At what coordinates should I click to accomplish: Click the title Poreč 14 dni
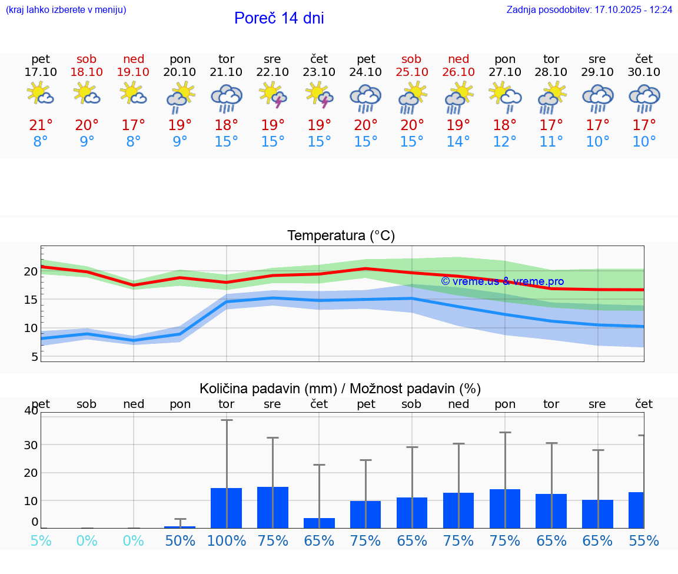(x=279, y=18)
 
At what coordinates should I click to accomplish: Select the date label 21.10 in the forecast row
(x=226, y=72)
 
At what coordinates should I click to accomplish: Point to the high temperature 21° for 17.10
(x=41, y=125)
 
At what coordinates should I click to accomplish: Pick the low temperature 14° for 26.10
(x=458, y=142)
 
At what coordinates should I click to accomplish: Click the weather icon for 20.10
(x=180, y=97)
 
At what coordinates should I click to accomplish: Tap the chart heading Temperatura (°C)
(x=341, y=236)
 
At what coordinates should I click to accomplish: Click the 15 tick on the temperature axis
(x=31, y=300)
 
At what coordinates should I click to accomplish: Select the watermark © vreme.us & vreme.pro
(x=502, y=281)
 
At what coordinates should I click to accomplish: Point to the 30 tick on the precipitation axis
(x=31, y=444)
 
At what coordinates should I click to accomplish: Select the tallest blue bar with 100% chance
(x=227, y=507)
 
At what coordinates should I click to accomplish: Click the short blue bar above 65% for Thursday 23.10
(x=319, y=523)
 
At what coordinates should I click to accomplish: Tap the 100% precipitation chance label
(x=227, y=541)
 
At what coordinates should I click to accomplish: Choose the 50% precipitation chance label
(x=180, y=541)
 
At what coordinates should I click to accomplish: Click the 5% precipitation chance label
(x=41, y=541)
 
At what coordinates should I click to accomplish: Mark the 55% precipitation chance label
(x=644, y=541)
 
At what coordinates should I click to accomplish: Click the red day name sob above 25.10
(x=411, y=59)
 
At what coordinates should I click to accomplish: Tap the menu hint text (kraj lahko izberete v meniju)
(x=66, y=10)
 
